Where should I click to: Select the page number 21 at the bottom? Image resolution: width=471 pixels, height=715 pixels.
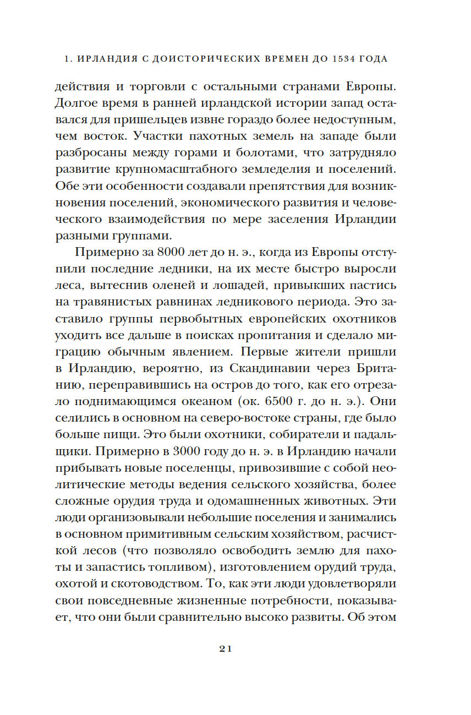pyautogui.click(x=226, y=648)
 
